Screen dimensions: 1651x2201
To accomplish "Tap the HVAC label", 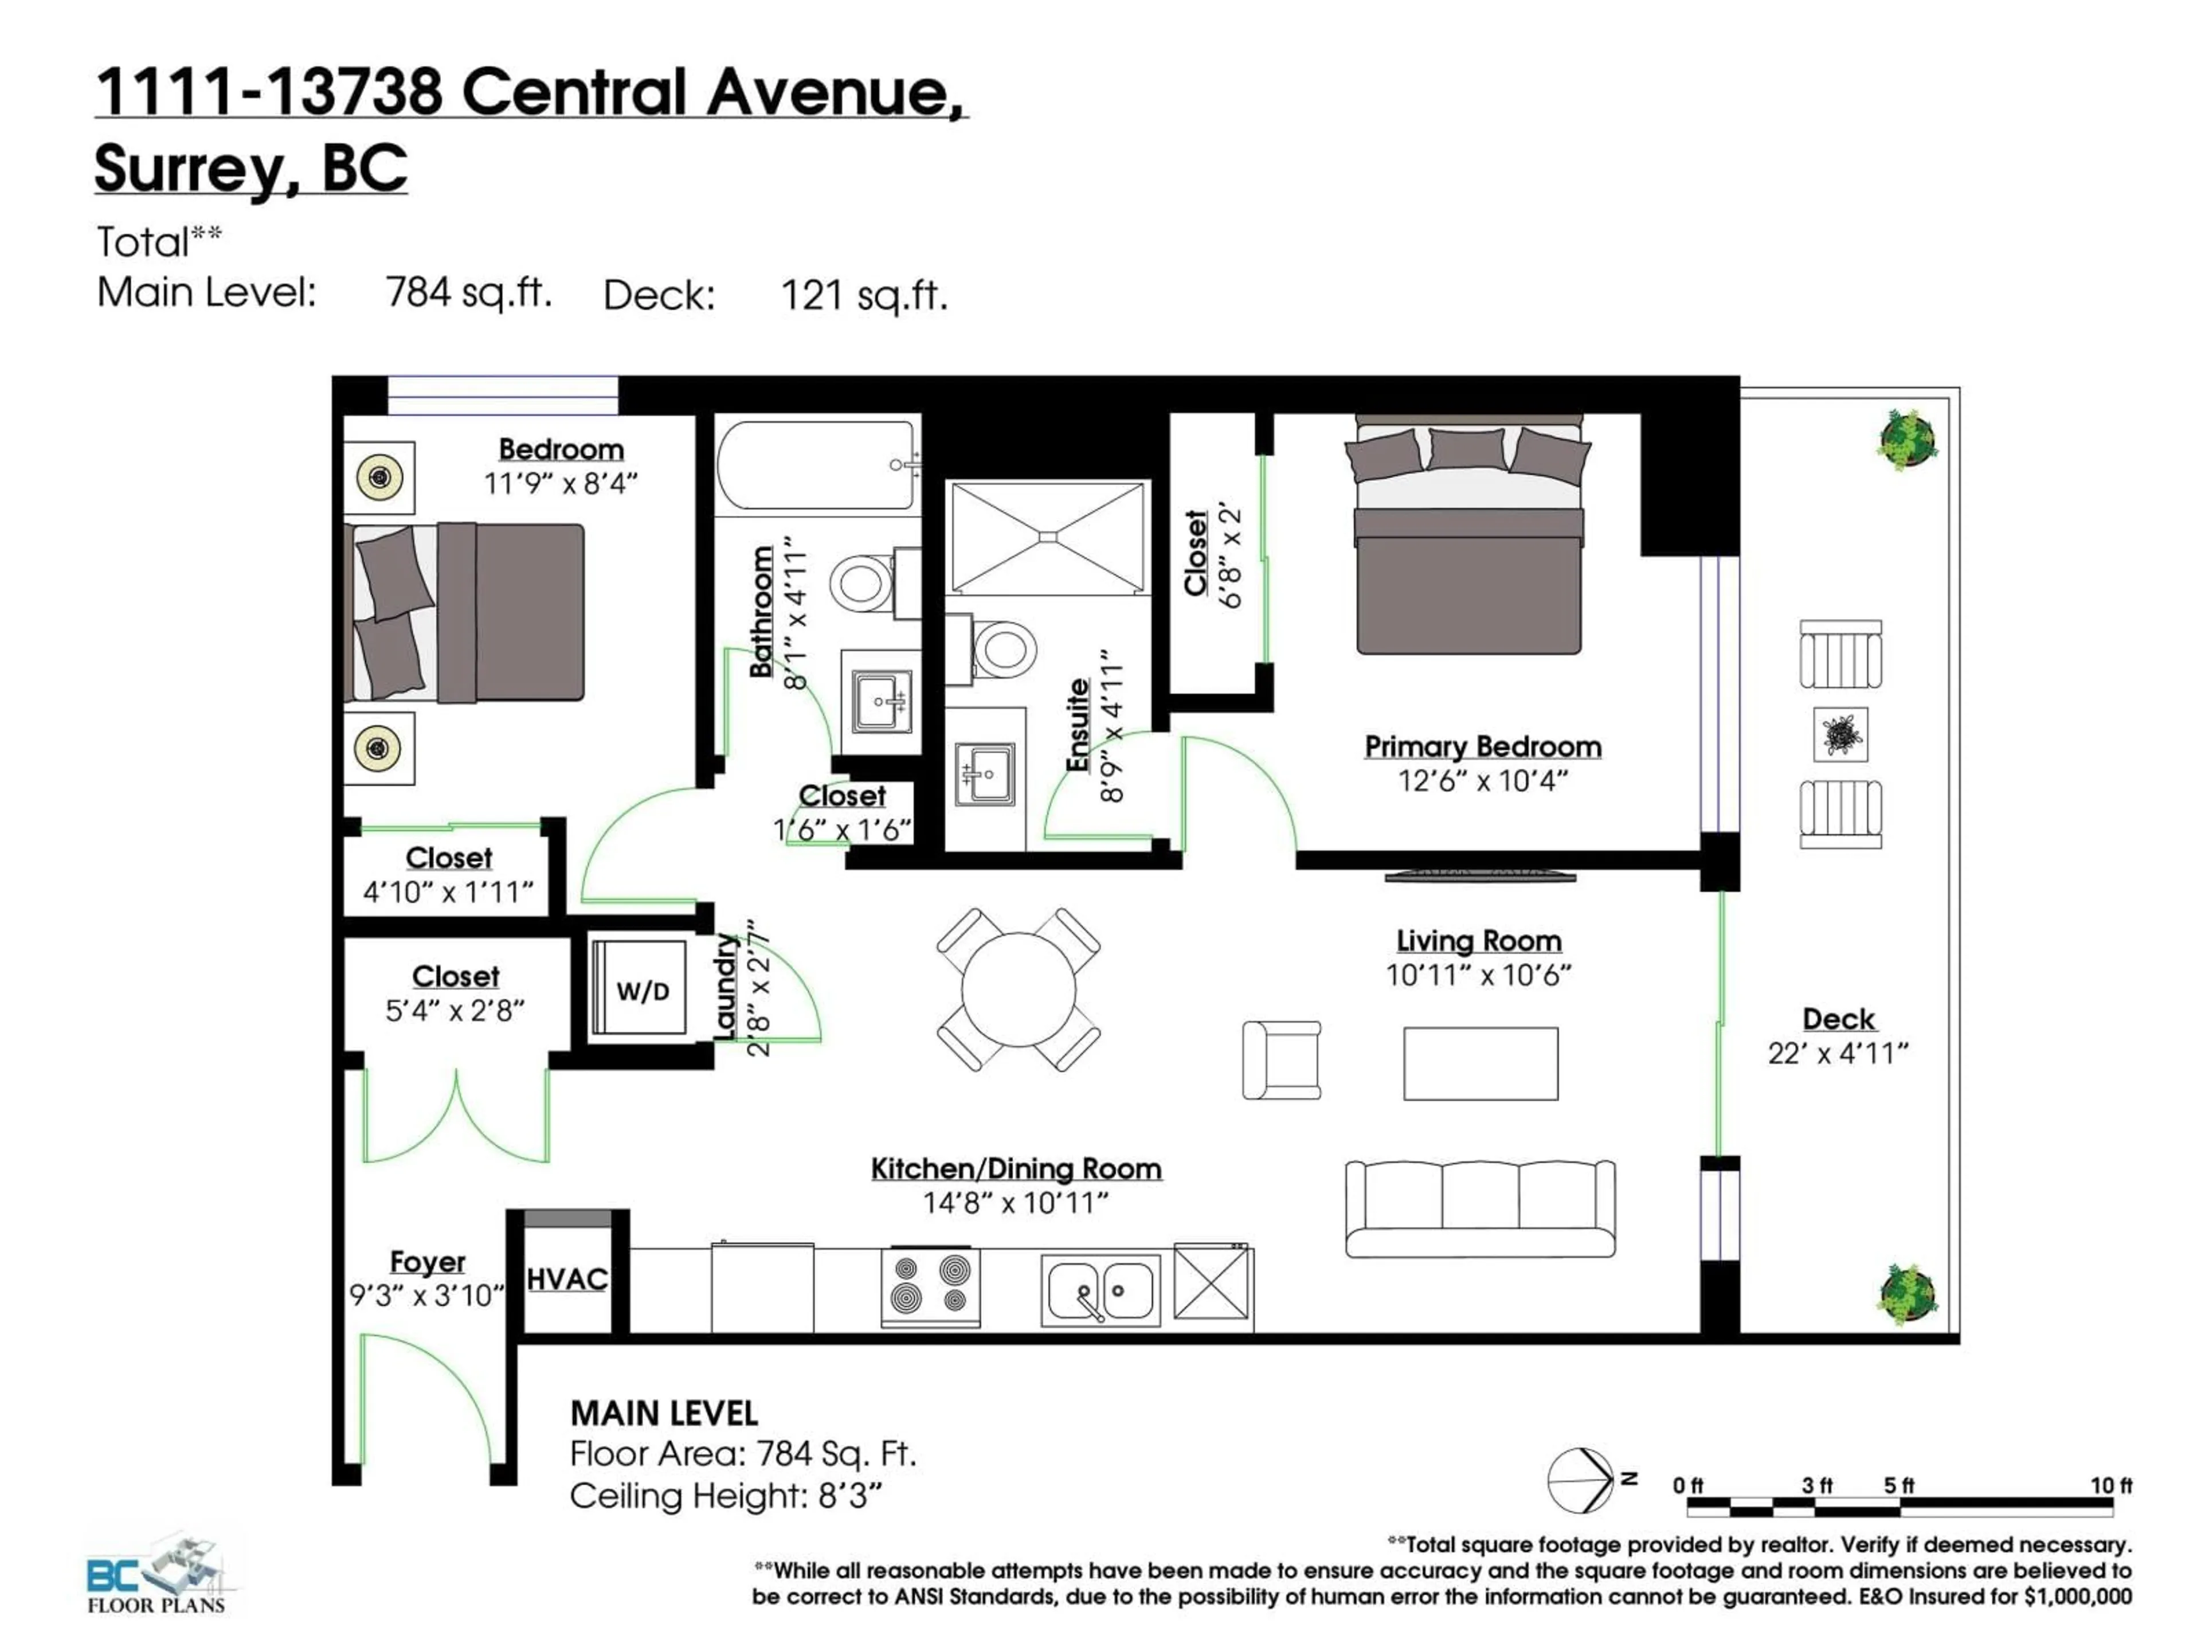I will (566, 1279).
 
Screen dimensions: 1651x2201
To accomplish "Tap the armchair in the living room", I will (1282, 1060).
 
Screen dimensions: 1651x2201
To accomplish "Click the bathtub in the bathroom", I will (816, 465).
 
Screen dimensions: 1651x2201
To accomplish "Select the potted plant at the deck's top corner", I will (1908, 440).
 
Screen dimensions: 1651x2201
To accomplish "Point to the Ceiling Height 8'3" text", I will (726, 1496).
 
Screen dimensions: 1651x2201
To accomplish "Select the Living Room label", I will (1479, 941).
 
